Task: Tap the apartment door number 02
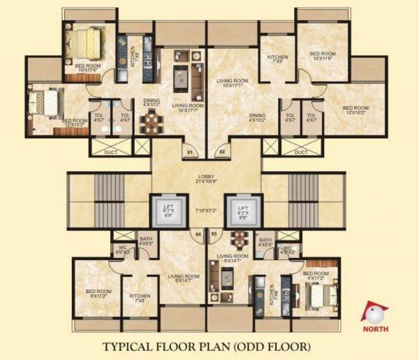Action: (222, 151)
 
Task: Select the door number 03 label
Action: (214, 234)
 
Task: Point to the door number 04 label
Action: (198, 234)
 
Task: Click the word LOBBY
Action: (206, 177)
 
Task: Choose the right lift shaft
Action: (244, 209)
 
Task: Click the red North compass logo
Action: (375, 312)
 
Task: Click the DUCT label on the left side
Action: (107, 152)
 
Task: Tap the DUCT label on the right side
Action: (301, 152)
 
